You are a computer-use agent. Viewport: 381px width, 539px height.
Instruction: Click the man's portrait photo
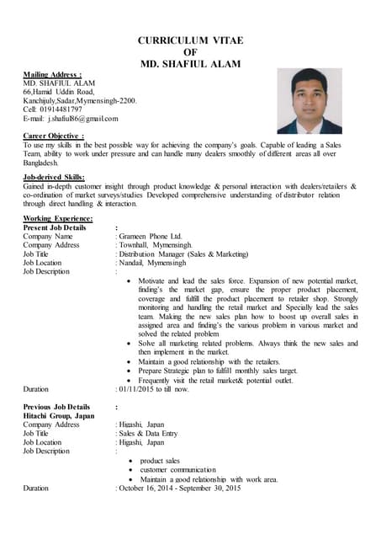(309, 101)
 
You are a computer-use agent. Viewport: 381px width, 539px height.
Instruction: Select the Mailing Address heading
(51, 75)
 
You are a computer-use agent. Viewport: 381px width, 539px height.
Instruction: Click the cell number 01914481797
(60, 109)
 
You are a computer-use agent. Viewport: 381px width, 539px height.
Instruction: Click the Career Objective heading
(54, 136)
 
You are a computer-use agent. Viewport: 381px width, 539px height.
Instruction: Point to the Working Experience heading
(58, 219)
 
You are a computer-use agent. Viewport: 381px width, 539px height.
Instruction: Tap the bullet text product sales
(160, 462)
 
